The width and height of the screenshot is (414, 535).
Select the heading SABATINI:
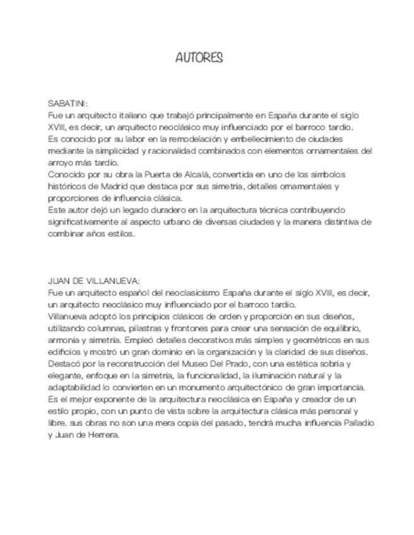tap(68, 103)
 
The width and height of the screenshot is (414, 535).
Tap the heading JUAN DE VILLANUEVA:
tap(94, 281)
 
